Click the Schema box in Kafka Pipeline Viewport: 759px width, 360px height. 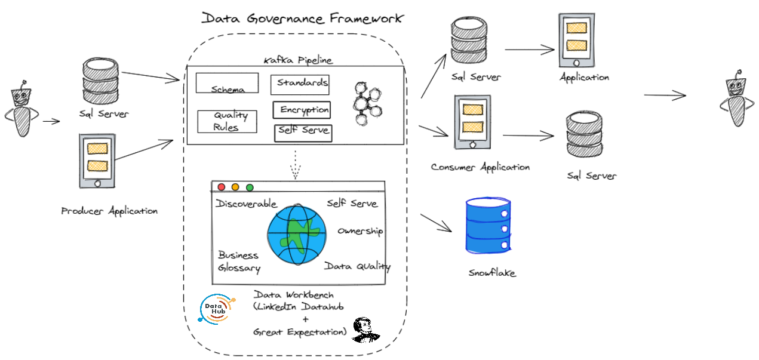[227, 83]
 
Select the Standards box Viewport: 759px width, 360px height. [300, 84]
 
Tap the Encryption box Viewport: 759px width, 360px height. [302, 110]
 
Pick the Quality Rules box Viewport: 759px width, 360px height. [227, 121]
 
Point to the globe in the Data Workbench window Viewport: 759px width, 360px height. [297, 234]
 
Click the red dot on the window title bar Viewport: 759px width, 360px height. [222, 187]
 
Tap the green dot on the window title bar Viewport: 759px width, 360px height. [250, 187]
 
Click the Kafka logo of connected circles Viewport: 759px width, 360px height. [365, 102]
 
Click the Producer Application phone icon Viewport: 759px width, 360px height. [97, 161]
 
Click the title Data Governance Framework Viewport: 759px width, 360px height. [302, 18]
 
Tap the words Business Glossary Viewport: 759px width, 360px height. [239, 261]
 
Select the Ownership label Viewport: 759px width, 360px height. [360, 231]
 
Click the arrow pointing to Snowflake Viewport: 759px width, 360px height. [436, 222]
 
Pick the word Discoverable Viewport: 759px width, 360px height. [247, 204]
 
